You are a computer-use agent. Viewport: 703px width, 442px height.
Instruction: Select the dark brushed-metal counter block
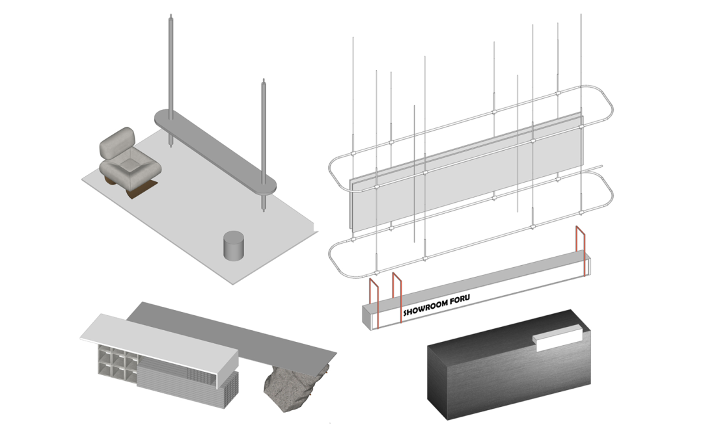[x=509, y=365]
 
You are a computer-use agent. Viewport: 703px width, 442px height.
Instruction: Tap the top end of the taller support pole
[x=171, y=16]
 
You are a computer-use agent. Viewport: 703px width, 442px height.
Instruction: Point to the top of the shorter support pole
[x=264, y=81]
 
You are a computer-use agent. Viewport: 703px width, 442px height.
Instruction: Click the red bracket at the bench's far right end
[x=581, y=252]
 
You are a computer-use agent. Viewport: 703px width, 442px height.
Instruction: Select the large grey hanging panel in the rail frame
[x=466, y=172]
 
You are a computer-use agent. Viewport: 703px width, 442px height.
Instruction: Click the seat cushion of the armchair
[x=131, y=166]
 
